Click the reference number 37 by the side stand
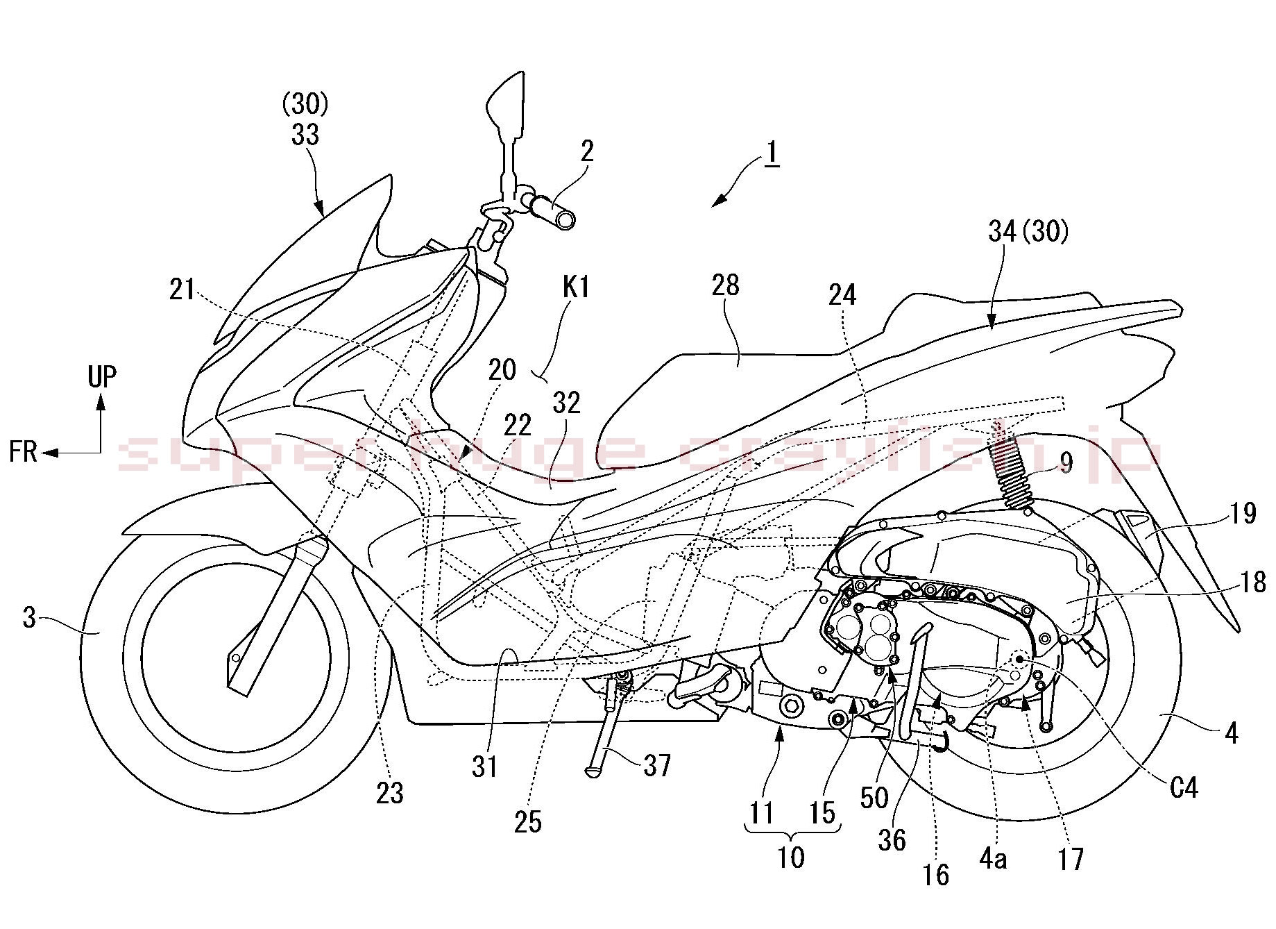(x=656, y=765)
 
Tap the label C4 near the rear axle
(x=1183, y=787)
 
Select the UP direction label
(x=102, y=377)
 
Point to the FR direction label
(x=23, y=452)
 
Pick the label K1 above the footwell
(x=576, y=287)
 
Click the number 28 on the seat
(x=726, y=285)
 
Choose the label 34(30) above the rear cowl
(x=1028, y=231)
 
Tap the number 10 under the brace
(x=790, y=857)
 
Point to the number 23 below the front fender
(x=389, y=792)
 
